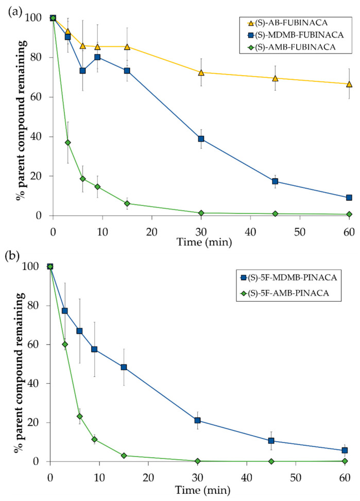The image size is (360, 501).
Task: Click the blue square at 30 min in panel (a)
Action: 201,139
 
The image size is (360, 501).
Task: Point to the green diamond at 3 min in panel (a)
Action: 68,143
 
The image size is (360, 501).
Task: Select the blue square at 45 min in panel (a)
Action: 275,181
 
